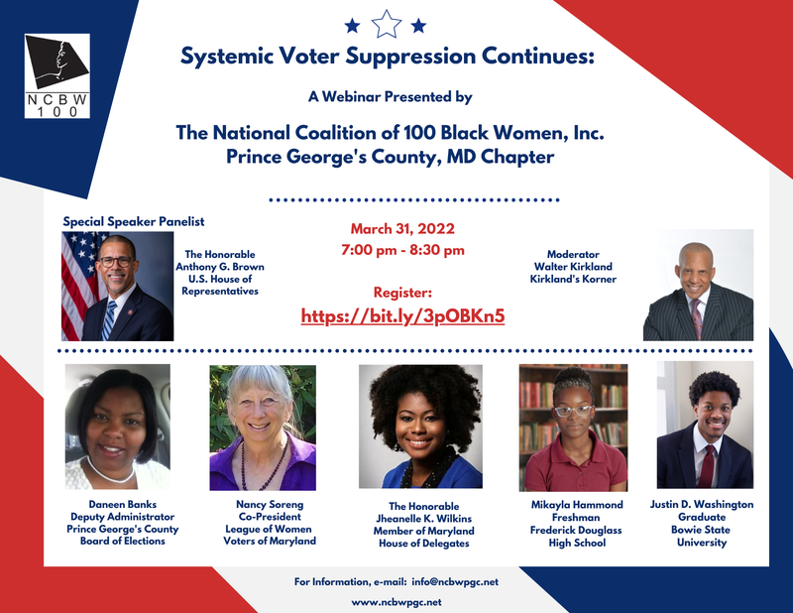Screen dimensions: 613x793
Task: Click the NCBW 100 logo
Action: (57, 75)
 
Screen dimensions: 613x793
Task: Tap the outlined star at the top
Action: (387, 23)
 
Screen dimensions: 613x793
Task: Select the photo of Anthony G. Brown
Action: (117, 287)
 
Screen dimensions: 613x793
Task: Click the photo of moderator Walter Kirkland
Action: (698, 286)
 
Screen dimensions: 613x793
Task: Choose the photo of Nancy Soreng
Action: (263, 428)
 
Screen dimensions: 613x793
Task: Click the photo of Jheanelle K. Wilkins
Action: (420, 427)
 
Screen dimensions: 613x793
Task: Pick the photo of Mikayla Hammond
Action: (573, 428)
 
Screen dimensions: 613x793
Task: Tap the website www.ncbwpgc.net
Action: (396, 602)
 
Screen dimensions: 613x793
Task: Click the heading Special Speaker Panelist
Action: (134, 221)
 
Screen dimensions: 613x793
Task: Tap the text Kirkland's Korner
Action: (574, 280)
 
